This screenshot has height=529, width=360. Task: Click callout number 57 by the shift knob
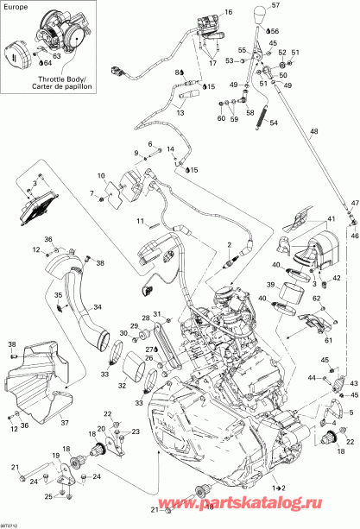(275, 6)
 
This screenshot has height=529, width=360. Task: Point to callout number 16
(229, 12)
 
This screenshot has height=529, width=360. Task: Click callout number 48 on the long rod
(313, 131)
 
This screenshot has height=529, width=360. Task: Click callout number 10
(101, 175)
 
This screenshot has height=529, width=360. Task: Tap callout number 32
(121, 387)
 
